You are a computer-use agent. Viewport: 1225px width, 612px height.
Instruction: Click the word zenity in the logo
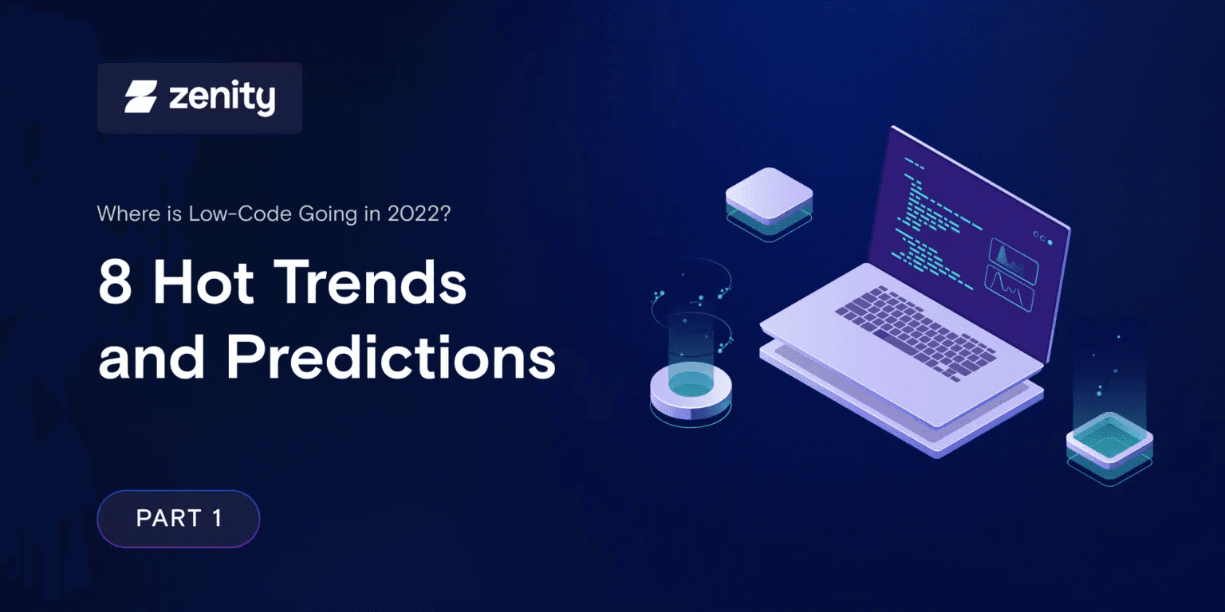click(x=222, y=98)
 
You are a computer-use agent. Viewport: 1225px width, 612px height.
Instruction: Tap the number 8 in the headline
click(x=115, y=283)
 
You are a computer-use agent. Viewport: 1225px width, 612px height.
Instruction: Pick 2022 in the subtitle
click(x=416, y=214)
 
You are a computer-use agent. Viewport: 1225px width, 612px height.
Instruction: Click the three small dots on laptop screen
click(x=1042, y=237)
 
